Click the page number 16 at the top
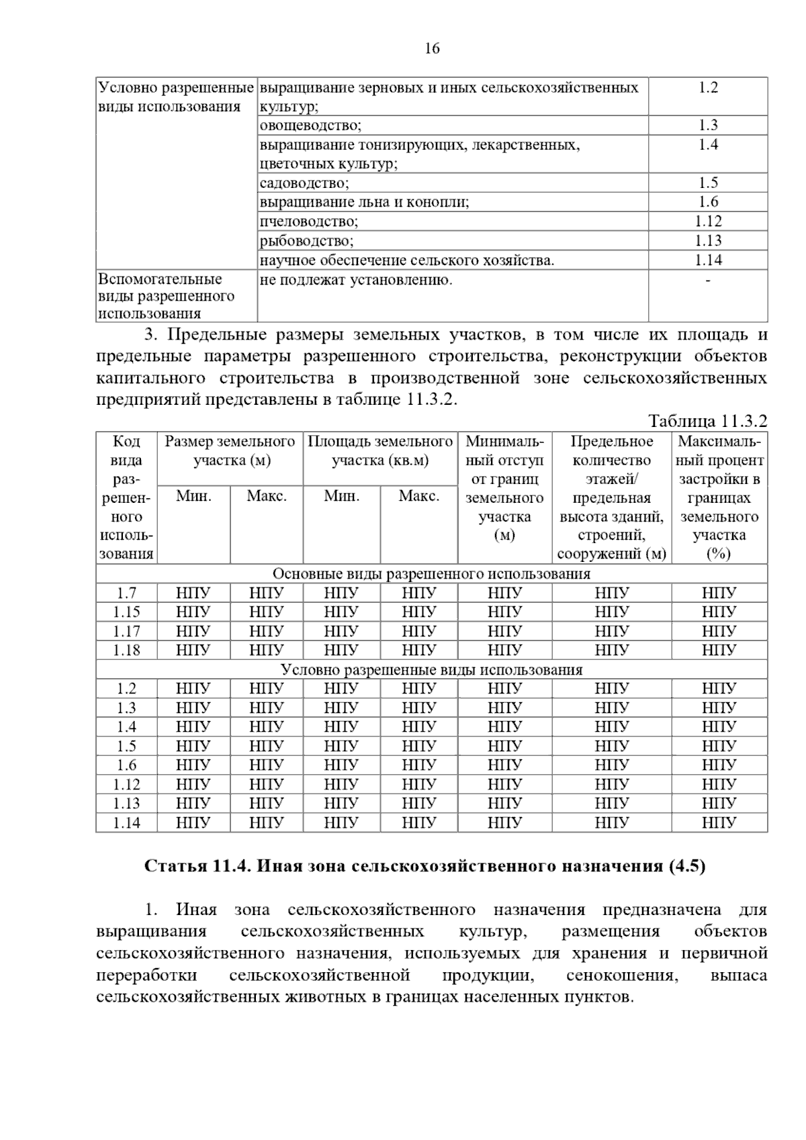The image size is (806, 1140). coord(432,48)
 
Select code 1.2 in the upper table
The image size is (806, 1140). coord(708,87)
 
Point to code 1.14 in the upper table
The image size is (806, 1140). coord(708,260)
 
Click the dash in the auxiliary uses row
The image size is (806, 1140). coord(708,280)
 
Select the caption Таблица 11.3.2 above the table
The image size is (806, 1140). coord(707,422)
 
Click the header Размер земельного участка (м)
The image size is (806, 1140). coord(230,450)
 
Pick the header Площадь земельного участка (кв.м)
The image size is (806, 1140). coord(380,450)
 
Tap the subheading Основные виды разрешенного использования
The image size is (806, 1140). coord(431,574)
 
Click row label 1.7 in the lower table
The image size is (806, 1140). coord(126,593)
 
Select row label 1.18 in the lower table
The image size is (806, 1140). coord(126,651)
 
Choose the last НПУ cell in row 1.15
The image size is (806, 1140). coord(719,612)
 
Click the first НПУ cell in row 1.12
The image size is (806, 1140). coord(193,785)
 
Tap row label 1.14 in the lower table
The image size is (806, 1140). coord(126,823)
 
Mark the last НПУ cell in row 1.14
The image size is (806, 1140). coord(719,823)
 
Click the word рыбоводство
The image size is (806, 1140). coord(306,241)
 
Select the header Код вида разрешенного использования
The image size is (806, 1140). coord(126,497)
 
